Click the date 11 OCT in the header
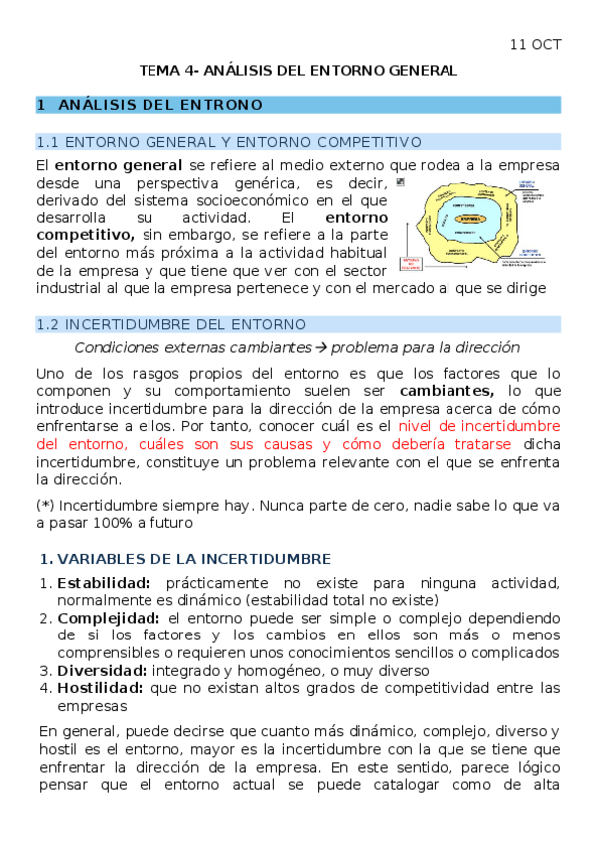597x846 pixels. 536,45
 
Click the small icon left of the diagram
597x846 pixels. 401,183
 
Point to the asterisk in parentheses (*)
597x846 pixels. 46,503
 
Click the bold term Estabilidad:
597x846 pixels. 104,583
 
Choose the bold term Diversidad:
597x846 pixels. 101,670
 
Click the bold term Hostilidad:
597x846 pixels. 101,688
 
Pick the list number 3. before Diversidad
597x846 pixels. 44,670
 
